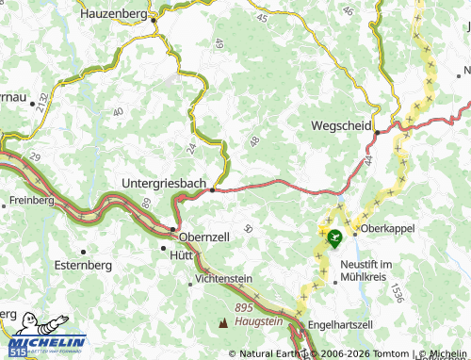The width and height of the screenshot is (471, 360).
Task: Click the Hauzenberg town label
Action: coord(117,14)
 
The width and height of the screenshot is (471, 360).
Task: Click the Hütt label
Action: coord(181,254)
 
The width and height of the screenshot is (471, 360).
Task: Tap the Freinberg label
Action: coord(33,201)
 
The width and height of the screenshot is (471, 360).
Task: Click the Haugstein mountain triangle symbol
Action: coord(223,323)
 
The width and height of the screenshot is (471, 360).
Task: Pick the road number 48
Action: coord(254,141)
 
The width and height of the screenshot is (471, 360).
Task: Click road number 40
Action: coord(118,112)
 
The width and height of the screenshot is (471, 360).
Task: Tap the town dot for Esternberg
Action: coord(84,252)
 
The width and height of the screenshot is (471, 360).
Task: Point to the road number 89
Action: coord(146,202)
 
